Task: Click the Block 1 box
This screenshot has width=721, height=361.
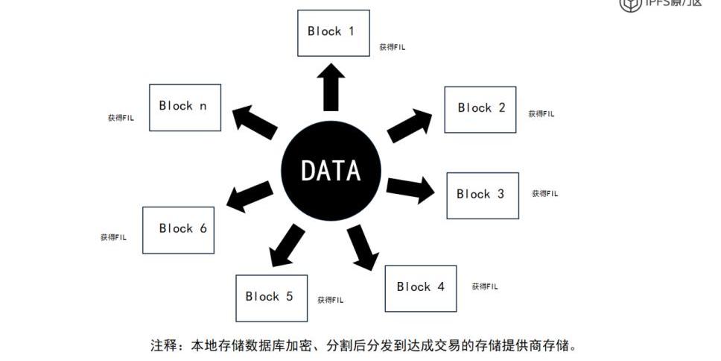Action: click(333, 33)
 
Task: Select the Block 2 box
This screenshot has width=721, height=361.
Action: click(480, 110)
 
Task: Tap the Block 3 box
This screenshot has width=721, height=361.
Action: click(482, 195)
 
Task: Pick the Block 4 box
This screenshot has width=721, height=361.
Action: click(420, 288)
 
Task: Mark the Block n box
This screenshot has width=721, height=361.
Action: click(185, 107)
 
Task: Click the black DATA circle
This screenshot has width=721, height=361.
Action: click(331, 171)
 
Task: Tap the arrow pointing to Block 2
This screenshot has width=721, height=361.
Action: click(411, 125)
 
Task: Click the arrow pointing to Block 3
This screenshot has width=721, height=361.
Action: click(410, 188)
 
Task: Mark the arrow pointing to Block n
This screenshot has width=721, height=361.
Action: click(255, 121)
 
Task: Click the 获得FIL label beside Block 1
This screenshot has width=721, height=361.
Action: click(392, 47)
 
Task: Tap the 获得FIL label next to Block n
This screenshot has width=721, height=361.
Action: click(121, 118)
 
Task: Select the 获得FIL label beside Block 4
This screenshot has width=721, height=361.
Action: click(485, 286)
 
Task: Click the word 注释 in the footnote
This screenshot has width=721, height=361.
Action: click(164, 346)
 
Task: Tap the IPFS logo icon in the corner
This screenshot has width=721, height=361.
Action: click(629, 4)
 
